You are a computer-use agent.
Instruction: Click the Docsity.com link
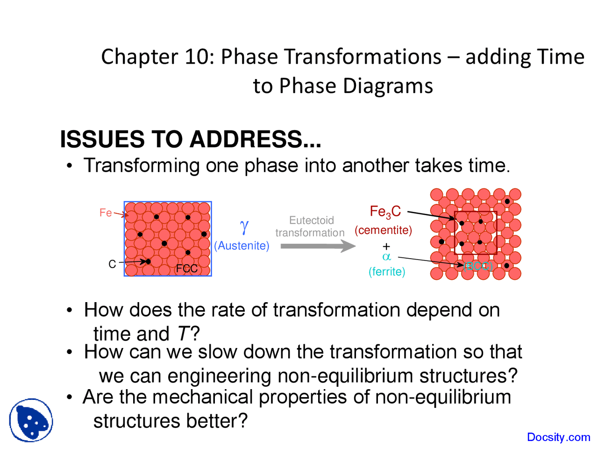point(558,437)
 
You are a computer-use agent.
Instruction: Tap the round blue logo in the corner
point(31,420)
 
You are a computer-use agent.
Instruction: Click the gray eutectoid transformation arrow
point(318,246)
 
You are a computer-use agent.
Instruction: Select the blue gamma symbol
point(244,227)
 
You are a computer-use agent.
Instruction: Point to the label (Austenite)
point(242,246)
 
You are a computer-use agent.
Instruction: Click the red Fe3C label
point(385,212)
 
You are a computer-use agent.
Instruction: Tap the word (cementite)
point(383,230)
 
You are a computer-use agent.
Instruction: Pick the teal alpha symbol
point(386,257)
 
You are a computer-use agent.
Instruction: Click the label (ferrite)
point(387,271)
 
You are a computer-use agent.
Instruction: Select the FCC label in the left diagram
point(186,268)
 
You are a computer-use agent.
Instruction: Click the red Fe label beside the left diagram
point(106,213)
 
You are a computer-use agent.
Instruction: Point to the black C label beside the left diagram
point(112,264)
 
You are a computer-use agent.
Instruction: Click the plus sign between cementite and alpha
point(386,246)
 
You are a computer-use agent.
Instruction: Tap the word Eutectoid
point(311,220)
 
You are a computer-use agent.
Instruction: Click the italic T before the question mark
point(183,334)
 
